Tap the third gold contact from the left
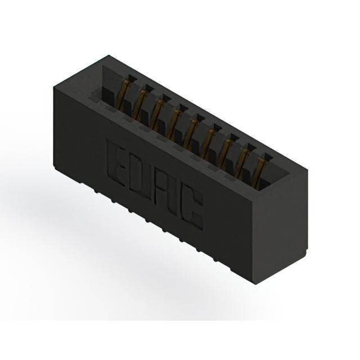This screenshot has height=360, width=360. point(157,112)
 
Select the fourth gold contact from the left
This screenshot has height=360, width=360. point(174,122)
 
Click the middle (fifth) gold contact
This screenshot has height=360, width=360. point(191,132)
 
